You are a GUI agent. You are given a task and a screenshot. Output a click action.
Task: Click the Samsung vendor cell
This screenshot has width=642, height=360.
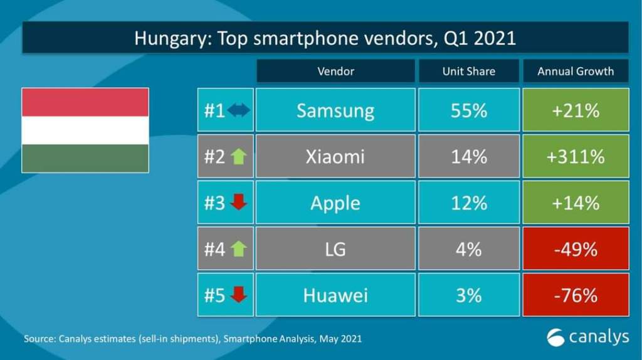[x=335, y=110]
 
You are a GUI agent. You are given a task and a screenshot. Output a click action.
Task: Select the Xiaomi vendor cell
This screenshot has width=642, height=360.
[x=335, y=156]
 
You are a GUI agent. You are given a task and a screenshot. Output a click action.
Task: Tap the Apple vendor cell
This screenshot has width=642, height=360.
[x=335, y=203]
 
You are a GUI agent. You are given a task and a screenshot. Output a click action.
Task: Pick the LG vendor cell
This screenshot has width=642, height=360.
[x=335, y=249]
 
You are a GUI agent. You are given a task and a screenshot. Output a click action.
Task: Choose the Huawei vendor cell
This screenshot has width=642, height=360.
[x=335, y=295]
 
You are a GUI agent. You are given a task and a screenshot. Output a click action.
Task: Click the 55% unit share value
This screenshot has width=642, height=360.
[x=468, y=110]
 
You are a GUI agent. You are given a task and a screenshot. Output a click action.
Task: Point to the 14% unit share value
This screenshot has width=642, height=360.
[x=468, y=156]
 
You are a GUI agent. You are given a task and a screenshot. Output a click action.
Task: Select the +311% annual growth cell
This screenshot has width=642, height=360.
[x=576, y=156]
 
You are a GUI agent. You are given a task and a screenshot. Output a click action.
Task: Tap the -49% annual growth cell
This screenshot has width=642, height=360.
[x=576, y=249]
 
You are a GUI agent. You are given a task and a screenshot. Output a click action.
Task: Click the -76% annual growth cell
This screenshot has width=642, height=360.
[x=576, y=295]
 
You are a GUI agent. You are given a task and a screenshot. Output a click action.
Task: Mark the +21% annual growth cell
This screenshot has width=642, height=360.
[x=576, y=110]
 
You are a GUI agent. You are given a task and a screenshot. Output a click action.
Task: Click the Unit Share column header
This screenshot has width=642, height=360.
[x=468, y=71]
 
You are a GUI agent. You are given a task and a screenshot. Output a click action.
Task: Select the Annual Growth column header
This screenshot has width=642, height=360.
[x=576, y=71]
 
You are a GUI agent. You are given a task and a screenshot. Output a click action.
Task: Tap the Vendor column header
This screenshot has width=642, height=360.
[x=335, y=71]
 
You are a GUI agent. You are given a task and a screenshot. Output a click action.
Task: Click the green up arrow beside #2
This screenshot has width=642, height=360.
[x=238, y=156]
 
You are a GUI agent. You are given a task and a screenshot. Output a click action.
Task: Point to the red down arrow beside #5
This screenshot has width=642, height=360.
[x=238, y=295]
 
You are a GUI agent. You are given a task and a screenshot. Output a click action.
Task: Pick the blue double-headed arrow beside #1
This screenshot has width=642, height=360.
[x=238, y=110]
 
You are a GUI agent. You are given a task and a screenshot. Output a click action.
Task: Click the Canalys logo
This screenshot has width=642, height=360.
[x=587, y=337]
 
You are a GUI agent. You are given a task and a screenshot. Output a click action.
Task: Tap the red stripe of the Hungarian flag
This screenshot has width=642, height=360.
[x=85, y=102]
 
